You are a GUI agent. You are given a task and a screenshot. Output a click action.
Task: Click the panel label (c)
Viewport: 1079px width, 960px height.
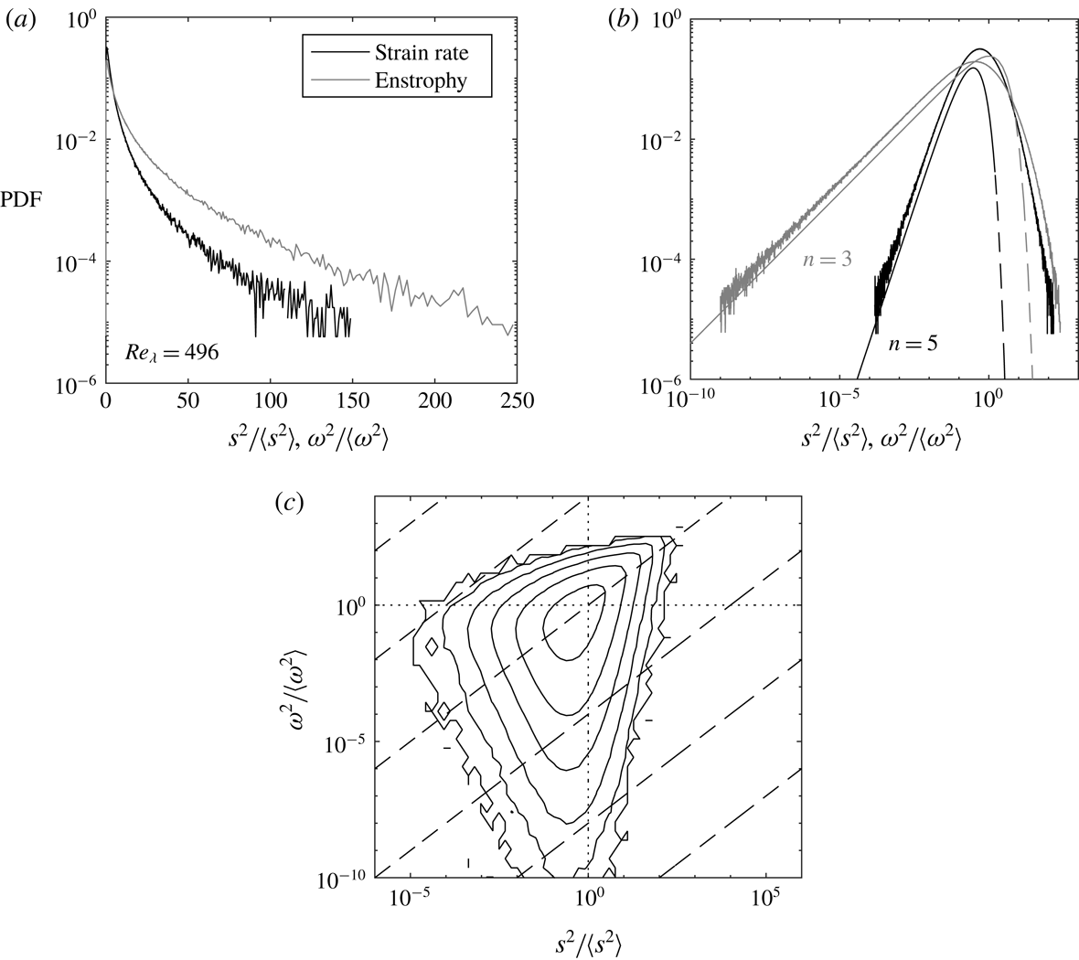click(296, 502)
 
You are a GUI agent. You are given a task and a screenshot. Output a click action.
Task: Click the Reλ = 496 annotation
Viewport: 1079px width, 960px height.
click(173, 351)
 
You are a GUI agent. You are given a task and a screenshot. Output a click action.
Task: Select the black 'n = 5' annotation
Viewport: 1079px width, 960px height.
click(914, 345)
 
